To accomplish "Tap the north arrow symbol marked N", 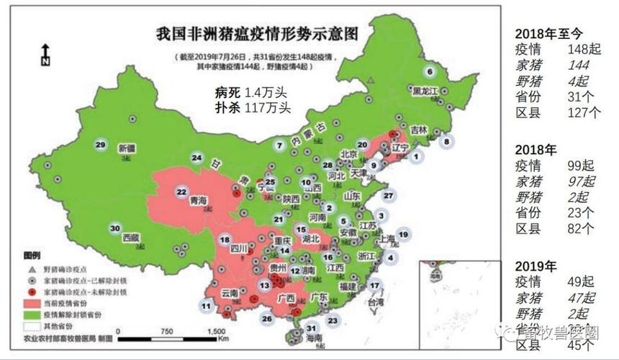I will [45, 55].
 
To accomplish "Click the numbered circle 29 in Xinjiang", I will [101, 144].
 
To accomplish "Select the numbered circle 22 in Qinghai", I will [182, 192].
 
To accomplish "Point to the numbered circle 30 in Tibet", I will [114, 228].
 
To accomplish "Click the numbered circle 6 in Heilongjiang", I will [430, 71].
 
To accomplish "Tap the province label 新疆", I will [127, 148].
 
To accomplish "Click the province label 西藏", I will [130, 236].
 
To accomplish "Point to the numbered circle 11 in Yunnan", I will [207, 306].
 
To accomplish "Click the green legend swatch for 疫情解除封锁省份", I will [32, 315].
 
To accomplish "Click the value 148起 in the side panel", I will [584, 50].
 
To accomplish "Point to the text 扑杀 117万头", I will [252, 107].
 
